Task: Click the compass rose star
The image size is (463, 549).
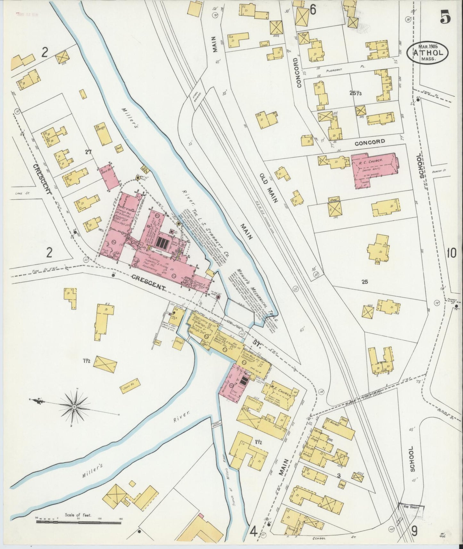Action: coord(74,406)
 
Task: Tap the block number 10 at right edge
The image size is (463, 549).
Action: coord(452,253)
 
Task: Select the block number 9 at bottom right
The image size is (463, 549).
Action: coord(414,532)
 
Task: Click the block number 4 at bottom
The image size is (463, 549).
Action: coord(253,532)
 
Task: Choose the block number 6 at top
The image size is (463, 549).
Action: coord(313,11)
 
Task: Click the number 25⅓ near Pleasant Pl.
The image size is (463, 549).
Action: coord(356,93)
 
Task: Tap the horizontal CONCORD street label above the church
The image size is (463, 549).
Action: coord(369,141)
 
